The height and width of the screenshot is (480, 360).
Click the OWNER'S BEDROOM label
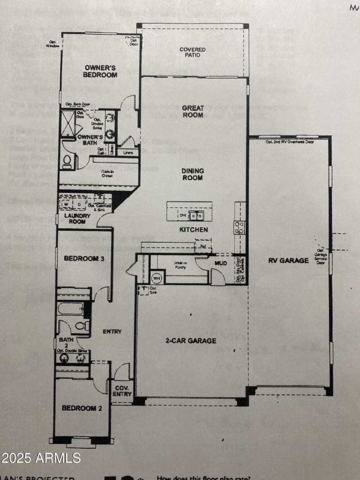[101, 71]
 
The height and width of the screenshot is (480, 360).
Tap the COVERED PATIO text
[193, 52]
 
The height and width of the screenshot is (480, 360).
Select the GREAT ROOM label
[193, 111]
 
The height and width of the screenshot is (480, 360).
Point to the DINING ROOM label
[193, 174]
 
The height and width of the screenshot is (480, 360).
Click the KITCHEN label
[194, 229]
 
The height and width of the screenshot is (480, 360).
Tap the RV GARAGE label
[289, 260]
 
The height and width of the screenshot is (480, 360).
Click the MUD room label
[220, 263]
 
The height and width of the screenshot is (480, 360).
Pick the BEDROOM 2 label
[79, 408]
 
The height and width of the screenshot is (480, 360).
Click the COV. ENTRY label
[122, 391]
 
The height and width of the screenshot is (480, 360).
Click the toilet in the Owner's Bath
[67, 161]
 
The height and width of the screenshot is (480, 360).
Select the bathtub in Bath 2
[70, 309]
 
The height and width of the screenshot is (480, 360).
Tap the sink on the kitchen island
[196, 216]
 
